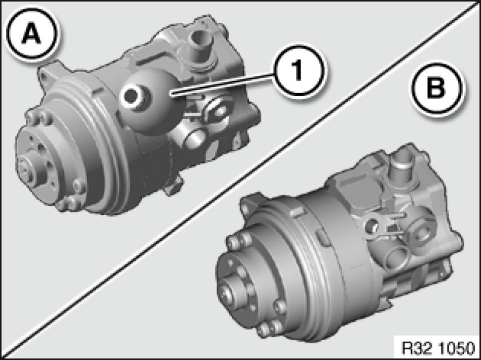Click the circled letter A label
click(x=32, y=33)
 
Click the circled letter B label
click(x=437, y=88)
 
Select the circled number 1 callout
click(x=297, y=71)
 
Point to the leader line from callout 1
click(x=221, y=85)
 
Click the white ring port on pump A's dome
click(x=132, y=97)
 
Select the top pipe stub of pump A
click(x=201, y=46)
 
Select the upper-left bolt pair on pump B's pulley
click(x=239, y=240)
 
